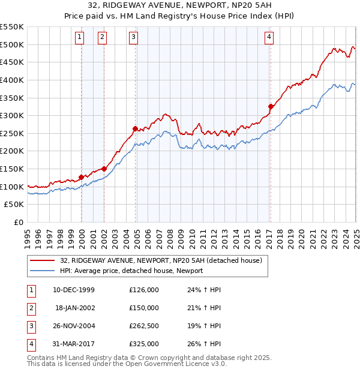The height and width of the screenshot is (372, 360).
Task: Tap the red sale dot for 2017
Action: point(271,106)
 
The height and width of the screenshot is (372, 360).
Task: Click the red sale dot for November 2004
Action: point(136,128)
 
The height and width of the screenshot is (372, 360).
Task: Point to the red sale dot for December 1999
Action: point(82,177)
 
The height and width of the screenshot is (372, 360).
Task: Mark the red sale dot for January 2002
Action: point(104,169)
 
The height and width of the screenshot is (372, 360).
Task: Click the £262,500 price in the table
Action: point(144,326)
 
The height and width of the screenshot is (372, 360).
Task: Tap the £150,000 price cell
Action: point(144,308)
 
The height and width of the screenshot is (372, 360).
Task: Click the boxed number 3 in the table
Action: point(31,326)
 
